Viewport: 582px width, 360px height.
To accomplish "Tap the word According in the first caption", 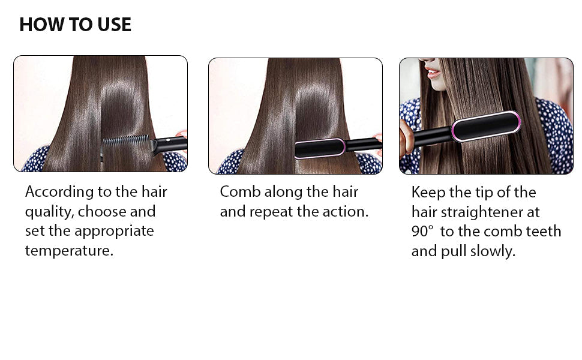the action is (x=59, y=192).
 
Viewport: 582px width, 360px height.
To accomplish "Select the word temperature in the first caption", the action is (x=68, y=251).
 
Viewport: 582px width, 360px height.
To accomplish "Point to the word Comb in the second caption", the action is (x=240, y=192).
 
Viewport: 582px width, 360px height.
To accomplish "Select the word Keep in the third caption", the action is (x=428, y=193).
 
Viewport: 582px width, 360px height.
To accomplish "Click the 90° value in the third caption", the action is (x=422, y=231).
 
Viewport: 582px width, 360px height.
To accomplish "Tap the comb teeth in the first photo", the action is (x=126, y=142).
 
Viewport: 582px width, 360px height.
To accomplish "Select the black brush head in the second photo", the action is (x=320, y=148).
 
